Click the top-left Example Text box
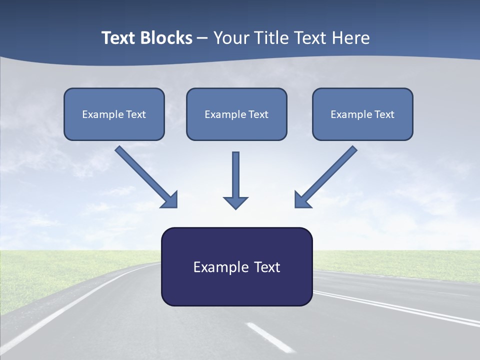[114, 114]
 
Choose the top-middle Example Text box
[236, 114]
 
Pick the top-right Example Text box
[362, 114]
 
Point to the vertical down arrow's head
[235, 202]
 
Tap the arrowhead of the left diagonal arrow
[170, 200]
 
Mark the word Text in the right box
[384, 114]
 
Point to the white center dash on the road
[270, 337]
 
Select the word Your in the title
[231, 38]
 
